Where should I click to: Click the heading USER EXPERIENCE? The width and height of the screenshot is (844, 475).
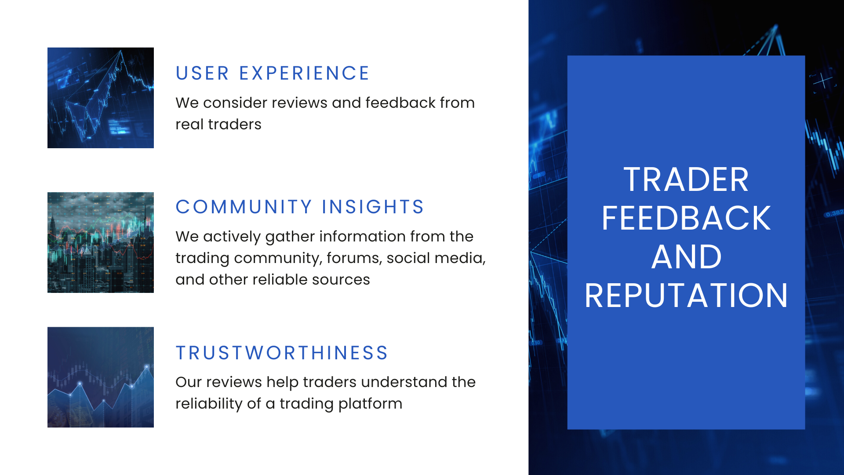[x=272, y=73]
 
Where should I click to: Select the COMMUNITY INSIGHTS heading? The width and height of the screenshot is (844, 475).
[x=299, y=207]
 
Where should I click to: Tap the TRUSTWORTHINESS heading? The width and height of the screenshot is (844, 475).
[x=282, y=353]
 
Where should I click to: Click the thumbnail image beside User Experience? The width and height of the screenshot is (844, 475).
[x=101, y=98]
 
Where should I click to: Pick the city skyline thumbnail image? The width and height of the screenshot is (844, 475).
[x=101, y=242]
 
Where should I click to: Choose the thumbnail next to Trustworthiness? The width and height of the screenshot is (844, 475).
[x=101, y=377]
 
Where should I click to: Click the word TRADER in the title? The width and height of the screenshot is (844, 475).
[x=686, y=179]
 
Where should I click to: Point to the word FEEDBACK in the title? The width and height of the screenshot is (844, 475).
[x=686, y=218]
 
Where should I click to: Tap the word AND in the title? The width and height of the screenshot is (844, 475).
[x=686, y=257]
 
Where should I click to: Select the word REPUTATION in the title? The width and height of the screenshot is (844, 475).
[x=686, y=296]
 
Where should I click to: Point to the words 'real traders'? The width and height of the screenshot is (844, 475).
[x=218, y=124]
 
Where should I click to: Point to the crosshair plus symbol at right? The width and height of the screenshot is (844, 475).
[x=822, y=81]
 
